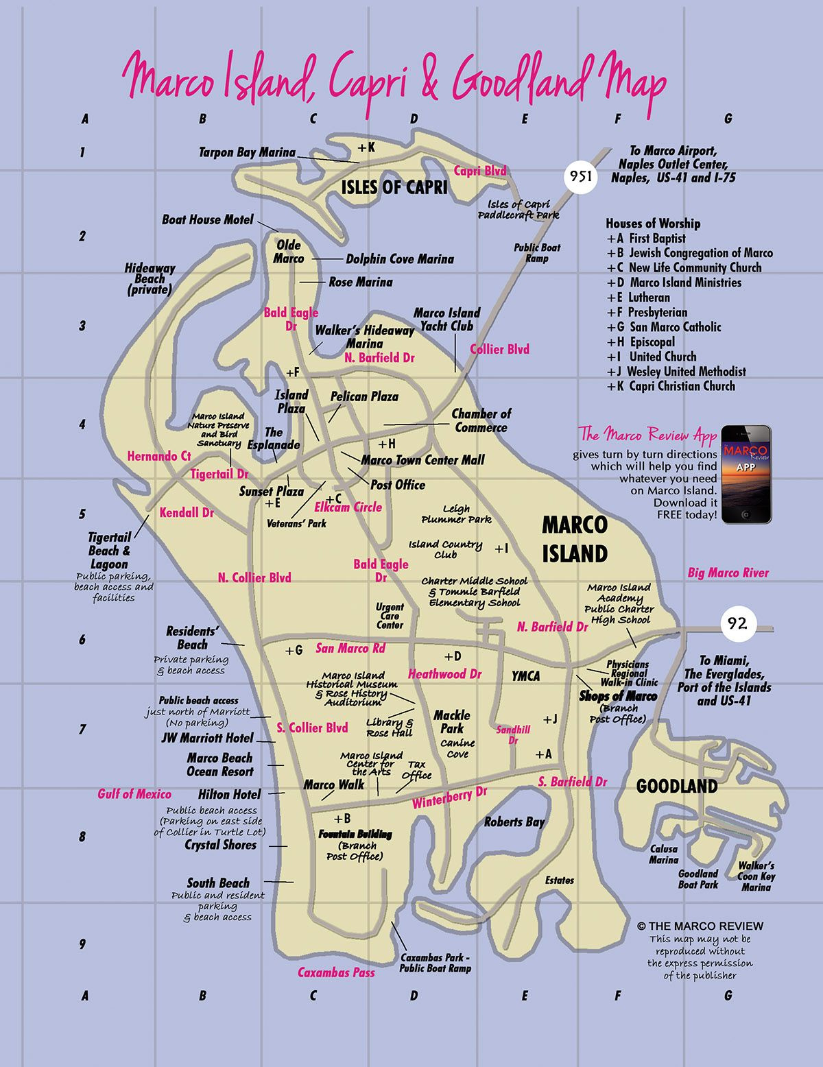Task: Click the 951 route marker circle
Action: coord(577,176)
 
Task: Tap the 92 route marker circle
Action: coord(737,623)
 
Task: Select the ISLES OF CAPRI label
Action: coord(394,187)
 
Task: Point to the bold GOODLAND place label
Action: coord(676,787)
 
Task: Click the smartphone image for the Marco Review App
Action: coord(746,474)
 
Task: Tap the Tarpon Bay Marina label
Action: coord(247,152)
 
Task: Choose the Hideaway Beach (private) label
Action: coord(150,278)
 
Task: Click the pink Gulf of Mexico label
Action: coord(134,794)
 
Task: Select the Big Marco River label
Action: coord(728,573)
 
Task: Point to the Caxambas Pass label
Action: coord(336,972)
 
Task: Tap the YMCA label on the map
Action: coord(525,676)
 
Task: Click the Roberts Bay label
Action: coord(514,822)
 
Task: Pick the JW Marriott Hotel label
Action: coord(207,739)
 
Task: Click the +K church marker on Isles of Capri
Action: coord(366,147)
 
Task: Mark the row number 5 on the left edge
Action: coord(82,514)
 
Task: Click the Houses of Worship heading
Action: coord(653,224)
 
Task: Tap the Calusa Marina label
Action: coord(663,854)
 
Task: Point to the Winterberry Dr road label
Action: coord(449,797)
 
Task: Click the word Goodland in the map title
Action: coord(521,79)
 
